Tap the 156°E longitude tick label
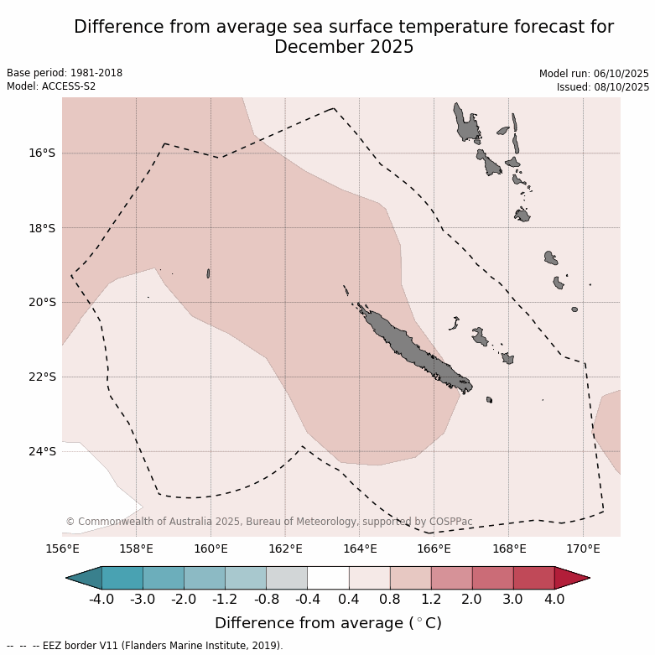(62, 549)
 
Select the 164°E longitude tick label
(359, 549)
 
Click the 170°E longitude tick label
(583, 549)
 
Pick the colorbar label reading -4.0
(101, 600)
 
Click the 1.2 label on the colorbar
(431, 600)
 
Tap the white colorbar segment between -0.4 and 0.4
(328, 578)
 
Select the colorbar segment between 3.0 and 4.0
(533, 578)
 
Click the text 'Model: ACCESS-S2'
(50, 86)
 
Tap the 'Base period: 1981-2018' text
(65, 73)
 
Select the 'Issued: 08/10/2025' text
(602, 87)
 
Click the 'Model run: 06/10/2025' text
(594, 74)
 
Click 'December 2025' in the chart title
(344, 47)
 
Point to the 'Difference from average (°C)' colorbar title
(328, 623)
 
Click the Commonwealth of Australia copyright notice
(268, 522)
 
